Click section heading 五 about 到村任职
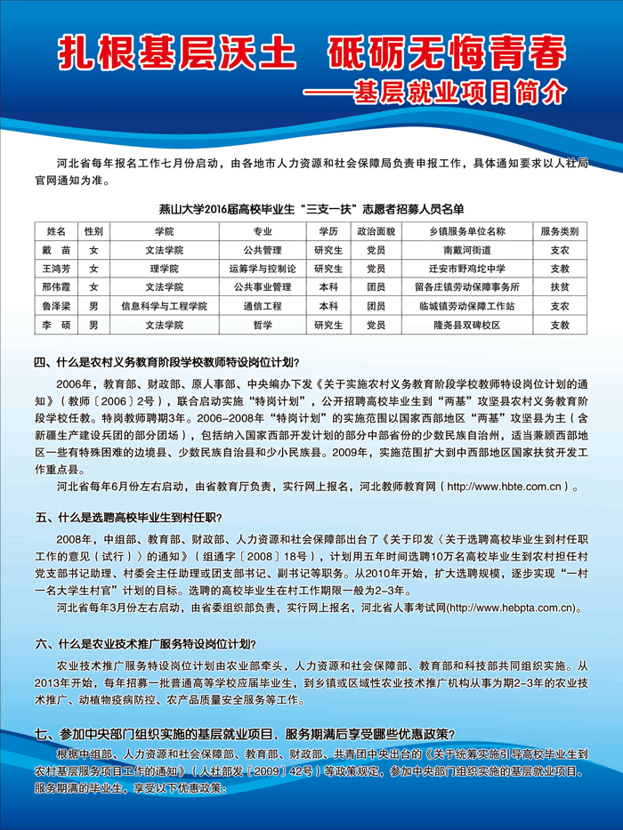point(127,518)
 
